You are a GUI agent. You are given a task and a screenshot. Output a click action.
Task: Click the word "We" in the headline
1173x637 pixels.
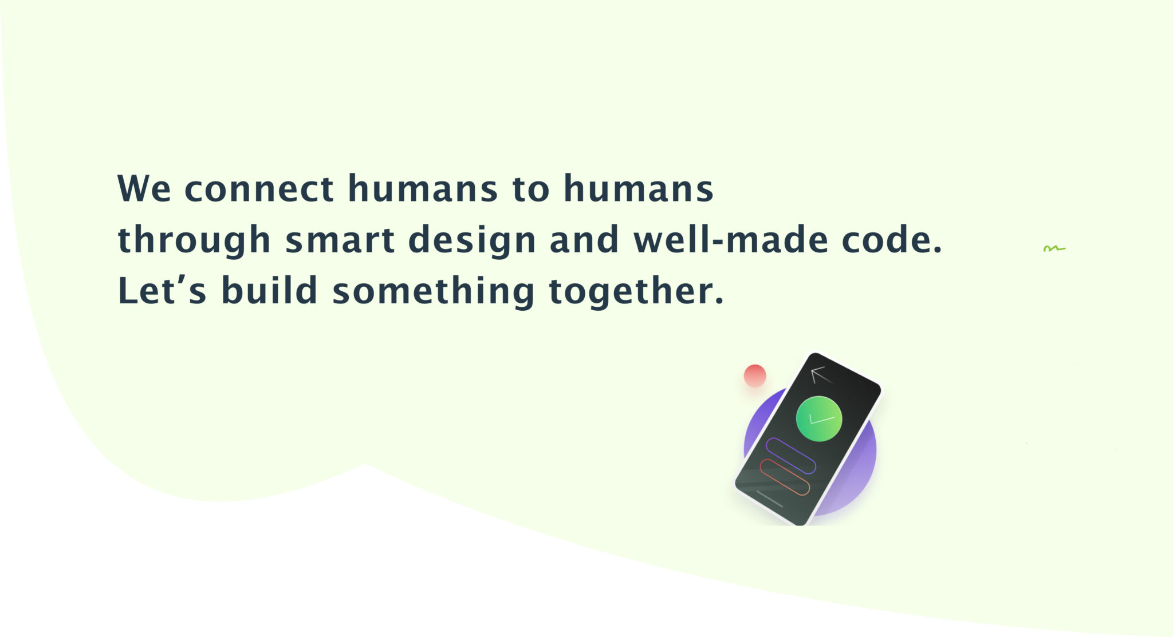(x=144, y=188)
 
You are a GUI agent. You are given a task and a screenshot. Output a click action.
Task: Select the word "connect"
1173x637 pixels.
(x=259, y=189)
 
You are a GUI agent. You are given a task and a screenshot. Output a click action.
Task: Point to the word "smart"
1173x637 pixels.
(x=340, y=240)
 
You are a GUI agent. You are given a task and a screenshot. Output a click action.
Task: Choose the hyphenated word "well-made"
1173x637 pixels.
(x=731, y=239)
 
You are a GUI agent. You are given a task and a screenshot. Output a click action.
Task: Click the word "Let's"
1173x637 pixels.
(x=162, y=290)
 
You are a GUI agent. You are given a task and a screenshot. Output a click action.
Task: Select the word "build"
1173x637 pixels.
(x=269, y=290)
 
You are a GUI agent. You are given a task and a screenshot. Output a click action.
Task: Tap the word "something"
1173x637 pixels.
(x=434, y=291)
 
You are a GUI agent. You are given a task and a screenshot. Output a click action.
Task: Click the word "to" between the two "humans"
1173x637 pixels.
(x=531, y=189)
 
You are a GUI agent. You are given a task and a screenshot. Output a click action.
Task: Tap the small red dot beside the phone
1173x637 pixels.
(x=755, y=375)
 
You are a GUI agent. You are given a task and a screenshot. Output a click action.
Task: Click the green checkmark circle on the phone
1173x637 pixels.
(x=819, y=419)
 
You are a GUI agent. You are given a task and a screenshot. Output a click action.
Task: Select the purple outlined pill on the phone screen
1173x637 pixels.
(x=791, y=456)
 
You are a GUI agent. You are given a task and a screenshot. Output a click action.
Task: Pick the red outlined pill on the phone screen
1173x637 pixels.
(x=785, y=477)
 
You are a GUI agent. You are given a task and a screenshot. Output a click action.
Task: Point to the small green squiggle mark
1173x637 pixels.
(x=1054, y=248)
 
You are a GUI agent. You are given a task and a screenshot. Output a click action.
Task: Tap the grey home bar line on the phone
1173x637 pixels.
(x=769, y=498)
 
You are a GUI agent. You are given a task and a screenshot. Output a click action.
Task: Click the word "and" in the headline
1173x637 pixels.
(x=584, y=240)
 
